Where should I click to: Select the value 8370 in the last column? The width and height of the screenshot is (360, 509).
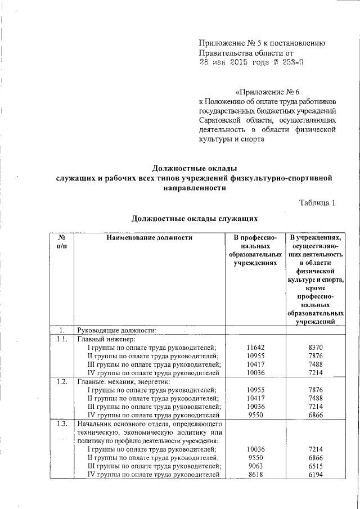click(x=316, y=348)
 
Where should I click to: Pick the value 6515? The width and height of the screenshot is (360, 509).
click(x=316, y=467)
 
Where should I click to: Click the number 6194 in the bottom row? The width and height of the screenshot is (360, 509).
click(x=316, y=476)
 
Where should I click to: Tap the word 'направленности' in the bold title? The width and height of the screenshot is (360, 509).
click(x=195, y=188)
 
